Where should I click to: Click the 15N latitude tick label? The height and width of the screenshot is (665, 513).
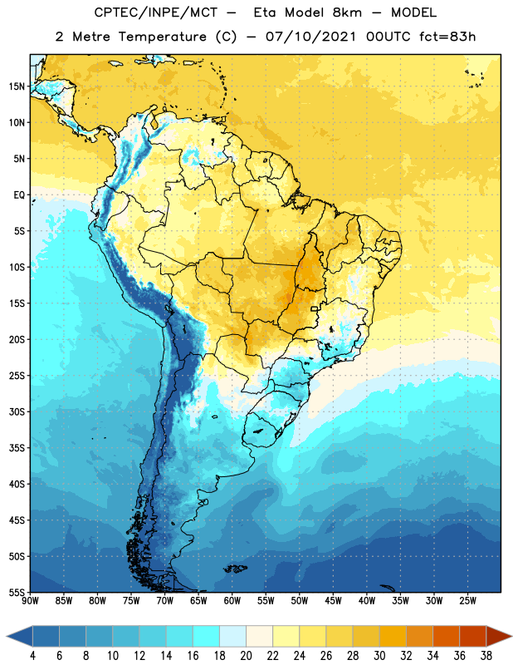(x=17, y=86)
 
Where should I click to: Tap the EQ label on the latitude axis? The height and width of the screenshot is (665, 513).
(x=19, y=195)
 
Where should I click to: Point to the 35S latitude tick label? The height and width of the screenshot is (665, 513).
(x=17, y=448)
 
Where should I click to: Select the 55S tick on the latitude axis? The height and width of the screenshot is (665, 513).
(x=17, y=592)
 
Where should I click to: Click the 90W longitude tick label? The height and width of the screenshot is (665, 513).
(x=30, y=601)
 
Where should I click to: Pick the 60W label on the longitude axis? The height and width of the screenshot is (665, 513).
(x=232, y=601)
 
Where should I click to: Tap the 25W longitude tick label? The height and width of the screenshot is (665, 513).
(x=468, y=601)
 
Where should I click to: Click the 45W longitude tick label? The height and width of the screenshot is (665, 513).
(x=334, y=601)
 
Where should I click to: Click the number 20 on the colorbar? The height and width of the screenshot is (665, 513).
(x=246, y=656)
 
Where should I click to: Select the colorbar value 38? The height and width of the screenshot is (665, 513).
(x=486, y=656)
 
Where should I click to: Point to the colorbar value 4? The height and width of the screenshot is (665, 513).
(x=32, y=656)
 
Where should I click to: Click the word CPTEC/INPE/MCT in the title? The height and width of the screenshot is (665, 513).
(x=156, y=12)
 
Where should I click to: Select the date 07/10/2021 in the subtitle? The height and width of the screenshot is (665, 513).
(x=310, y=37)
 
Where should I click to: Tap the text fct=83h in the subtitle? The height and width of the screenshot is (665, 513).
(x=447, y=37)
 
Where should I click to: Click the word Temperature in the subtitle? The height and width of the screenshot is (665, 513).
(x=162, y=37)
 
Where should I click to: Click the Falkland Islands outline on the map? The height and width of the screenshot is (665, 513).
(x=236, y=569)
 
